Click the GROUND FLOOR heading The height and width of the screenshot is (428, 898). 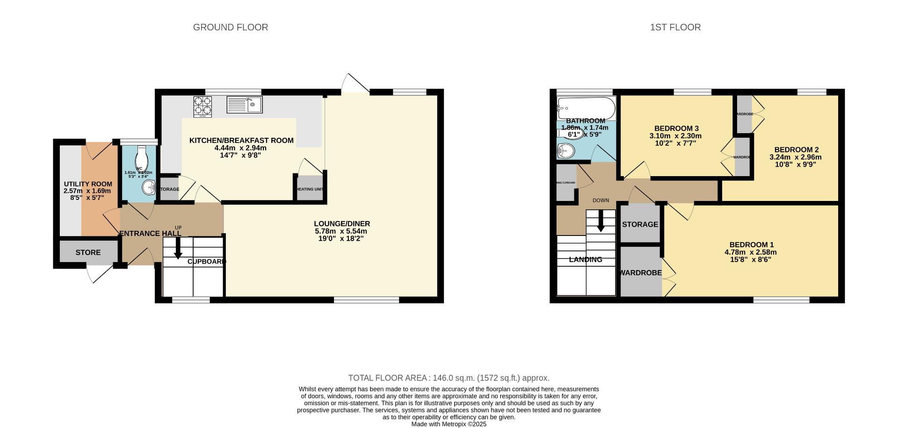(230, 28)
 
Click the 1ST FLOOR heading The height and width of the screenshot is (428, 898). (675, 28)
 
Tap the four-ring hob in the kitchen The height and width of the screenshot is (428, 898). (203, 106)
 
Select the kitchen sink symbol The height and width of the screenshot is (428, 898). (245, 105)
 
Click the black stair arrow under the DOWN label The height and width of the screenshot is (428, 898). (601, 221)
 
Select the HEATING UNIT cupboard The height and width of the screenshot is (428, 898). (310, 189)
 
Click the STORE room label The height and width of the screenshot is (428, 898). (88, 253)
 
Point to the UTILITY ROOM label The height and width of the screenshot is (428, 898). (88, 184)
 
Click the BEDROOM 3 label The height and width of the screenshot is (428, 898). (676, 128)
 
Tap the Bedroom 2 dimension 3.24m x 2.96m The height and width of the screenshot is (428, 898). (795, 157)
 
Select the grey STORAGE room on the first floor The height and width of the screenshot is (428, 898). (639, 224)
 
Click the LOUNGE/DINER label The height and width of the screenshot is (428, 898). (341, 224)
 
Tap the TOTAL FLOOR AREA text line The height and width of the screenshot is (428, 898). (449, 378)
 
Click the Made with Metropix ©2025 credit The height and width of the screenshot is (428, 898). (449, 424)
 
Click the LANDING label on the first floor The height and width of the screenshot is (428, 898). (585, 260)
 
